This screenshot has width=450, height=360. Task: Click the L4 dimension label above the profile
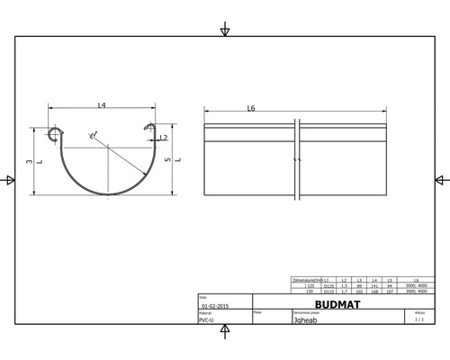[102, 107]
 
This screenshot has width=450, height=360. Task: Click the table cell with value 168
[374, 292]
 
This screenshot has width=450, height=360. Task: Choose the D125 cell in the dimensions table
[329, 286]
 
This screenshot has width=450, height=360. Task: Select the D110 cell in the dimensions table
[329, 292]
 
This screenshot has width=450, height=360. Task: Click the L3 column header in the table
[359, 281]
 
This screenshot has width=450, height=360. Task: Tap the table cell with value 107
[389, 292]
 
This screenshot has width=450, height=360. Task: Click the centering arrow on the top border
[225, 31]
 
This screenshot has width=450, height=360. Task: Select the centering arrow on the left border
[9, 180]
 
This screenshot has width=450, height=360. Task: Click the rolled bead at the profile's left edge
[55, 136]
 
